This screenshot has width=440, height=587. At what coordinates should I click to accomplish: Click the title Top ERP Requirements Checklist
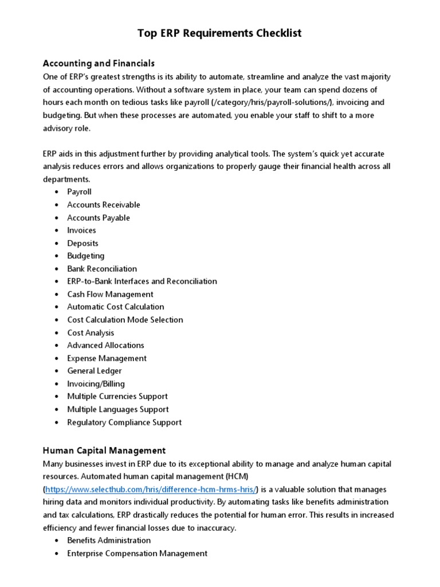pos(219,33)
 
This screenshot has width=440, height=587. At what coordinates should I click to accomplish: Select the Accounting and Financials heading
pos(99,63)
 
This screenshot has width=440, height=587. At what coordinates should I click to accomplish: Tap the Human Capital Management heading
pos(104,450)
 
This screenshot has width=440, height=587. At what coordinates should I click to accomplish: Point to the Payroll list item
pos(79,192)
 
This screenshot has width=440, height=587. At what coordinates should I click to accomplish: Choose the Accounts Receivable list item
pos(103,205)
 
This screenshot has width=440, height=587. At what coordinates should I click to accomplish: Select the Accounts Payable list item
pos(99,218)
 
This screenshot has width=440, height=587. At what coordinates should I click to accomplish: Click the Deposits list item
pos(82,243)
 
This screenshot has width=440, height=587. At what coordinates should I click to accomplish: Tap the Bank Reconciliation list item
pos(102,269)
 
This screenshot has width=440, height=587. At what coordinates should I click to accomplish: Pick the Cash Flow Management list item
pos(110,294)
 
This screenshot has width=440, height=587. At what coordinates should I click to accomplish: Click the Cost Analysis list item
pos(91,332)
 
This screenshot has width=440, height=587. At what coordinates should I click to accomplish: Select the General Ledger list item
pos(95,371)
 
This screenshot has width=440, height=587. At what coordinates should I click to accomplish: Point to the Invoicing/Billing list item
pos(96,383)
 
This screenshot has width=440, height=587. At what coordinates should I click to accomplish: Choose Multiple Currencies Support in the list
pos(117,397)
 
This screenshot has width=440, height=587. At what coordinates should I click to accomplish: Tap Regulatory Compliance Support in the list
pos(124,422)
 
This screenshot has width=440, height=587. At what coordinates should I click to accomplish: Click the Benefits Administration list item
pos(109,541)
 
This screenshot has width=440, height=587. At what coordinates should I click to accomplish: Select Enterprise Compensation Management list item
pos(137,553)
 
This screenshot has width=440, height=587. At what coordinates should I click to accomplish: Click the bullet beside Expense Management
pos(57,358)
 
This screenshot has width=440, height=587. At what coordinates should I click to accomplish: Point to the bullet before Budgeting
pos(57,256)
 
